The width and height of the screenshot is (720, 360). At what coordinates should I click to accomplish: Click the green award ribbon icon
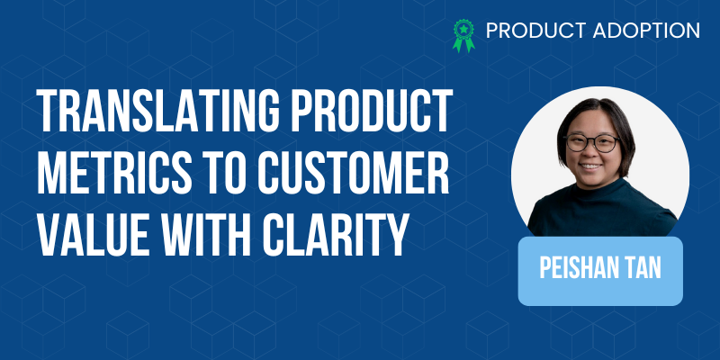[463, 35]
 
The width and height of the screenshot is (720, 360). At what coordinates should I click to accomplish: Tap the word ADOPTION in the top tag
[646, 31]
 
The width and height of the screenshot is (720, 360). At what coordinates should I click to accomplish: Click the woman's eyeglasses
[592, 143]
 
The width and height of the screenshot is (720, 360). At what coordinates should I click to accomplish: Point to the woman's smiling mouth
[590, 166]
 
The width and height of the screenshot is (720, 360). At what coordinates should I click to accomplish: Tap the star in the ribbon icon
[464, 30]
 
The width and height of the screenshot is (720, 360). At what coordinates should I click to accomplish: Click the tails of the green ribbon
[463, 46]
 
